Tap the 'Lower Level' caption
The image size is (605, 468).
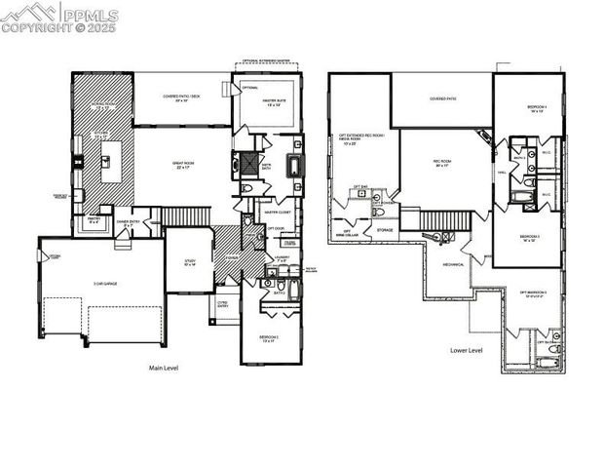coord(466,349)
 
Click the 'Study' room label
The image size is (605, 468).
coord(189,261)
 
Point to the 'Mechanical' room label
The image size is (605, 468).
coord(454,263)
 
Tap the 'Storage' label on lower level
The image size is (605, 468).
coord(385,230)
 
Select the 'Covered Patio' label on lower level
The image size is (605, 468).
coord(442,99)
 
